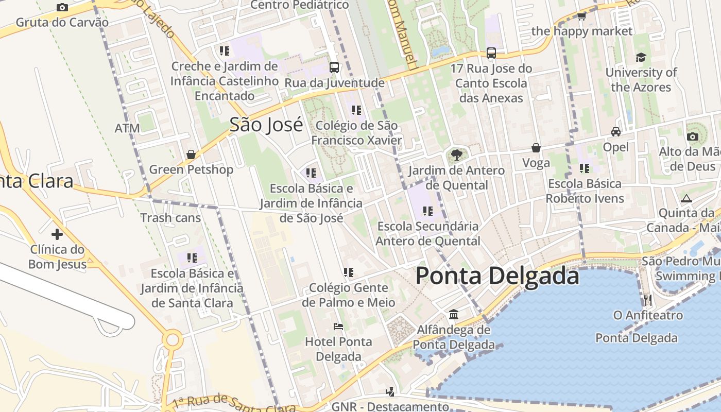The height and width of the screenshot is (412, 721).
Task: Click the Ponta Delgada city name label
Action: (497, 276)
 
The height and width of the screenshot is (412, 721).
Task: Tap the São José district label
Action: (266, 125)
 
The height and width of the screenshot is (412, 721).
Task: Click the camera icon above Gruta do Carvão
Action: (62, 7)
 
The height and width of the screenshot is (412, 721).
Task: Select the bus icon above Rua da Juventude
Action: (334, 67)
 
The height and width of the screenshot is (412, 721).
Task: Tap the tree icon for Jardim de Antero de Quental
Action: (456, 154)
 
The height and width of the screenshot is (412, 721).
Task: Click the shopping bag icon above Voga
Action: (536, 148)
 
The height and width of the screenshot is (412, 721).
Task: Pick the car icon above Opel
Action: (616, 131)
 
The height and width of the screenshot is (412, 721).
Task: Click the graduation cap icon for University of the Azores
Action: (641, 57)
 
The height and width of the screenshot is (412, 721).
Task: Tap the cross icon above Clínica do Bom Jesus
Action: (57, 234)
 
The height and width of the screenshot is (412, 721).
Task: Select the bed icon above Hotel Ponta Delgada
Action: (338, 326)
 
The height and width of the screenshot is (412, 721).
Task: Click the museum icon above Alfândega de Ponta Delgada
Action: (454, 314)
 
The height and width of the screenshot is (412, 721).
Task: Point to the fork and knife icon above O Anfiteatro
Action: (648, 299)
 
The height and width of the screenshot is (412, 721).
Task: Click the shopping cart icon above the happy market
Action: (582, 16)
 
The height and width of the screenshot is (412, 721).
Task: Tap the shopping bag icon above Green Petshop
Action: (191, 154)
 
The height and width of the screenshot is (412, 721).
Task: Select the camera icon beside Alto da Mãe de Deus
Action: (693, 136)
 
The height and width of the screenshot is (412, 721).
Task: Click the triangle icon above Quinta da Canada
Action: (686, 198)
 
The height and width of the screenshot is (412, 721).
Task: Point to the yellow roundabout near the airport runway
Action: (173, 340)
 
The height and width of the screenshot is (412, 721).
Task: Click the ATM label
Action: (127, 128)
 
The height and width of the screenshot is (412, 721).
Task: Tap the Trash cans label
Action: (170, 217)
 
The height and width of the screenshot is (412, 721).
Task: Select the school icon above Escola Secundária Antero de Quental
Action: (427, 211)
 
